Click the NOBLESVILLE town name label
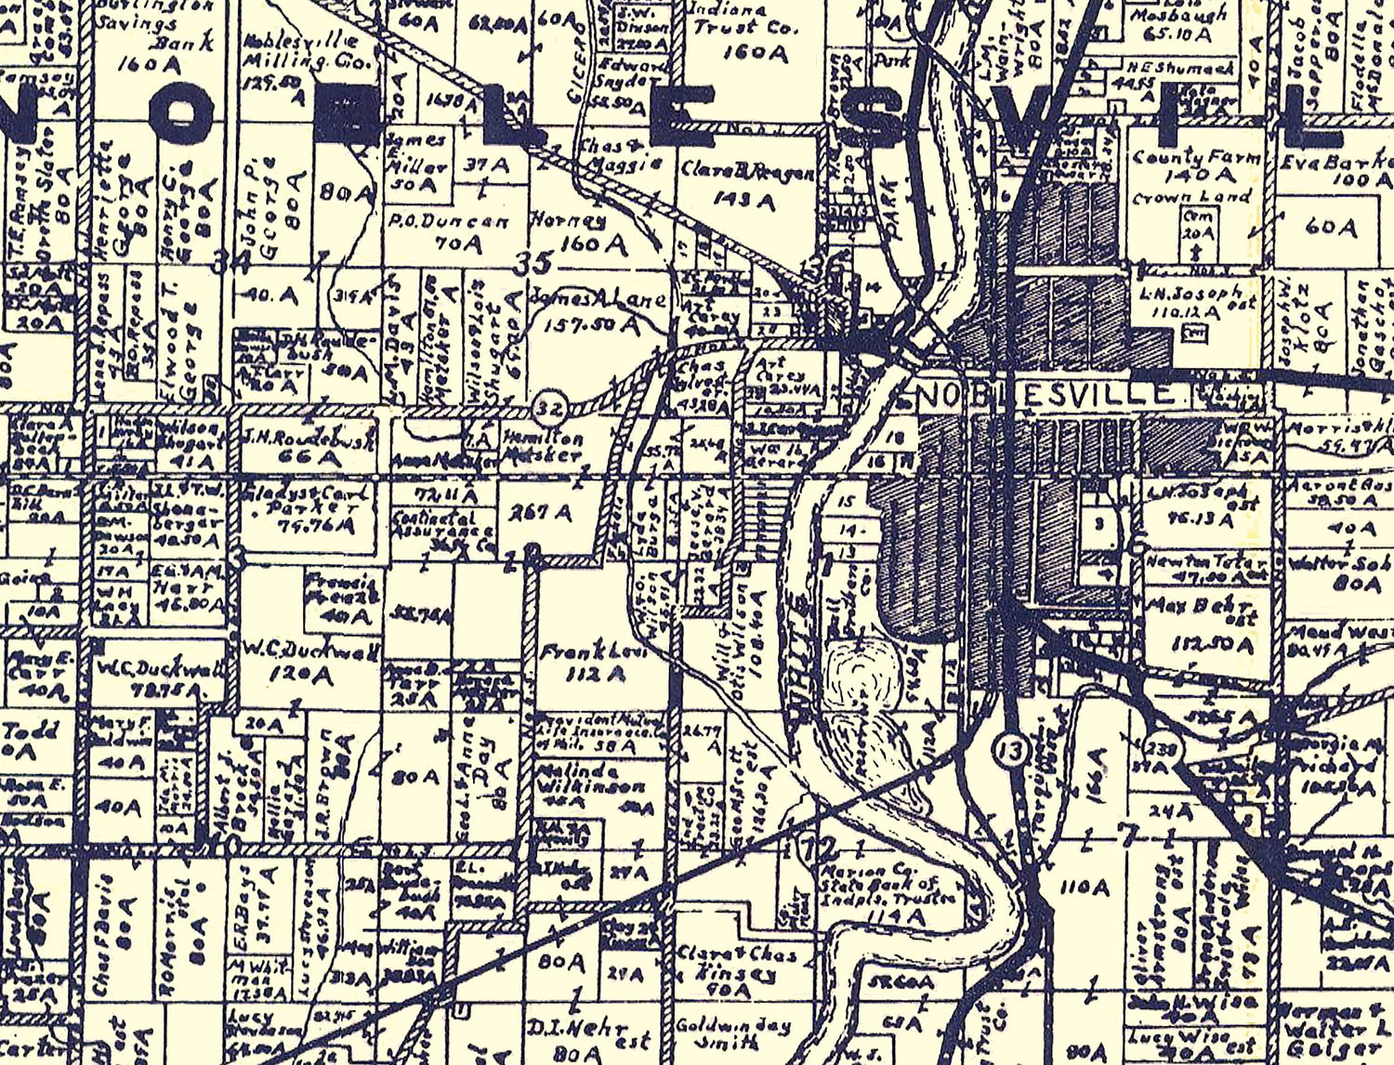coord(1045,394)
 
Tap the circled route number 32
coord(548,407)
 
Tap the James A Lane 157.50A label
coord(599,311)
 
